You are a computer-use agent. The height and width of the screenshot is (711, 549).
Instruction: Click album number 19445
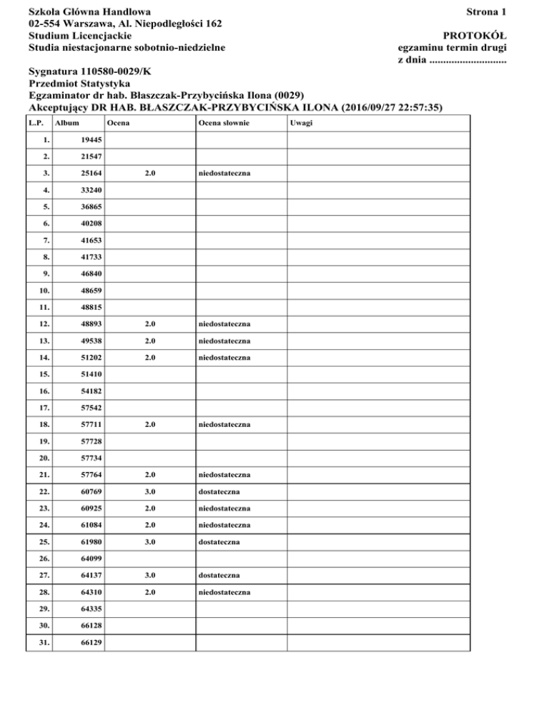tap(91, 141)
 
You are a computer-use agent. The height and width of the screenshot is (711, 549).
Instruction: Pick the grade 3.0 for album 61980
tap(149, 542)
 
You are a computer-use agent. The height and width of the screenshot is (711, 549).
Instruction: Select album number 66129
tap(91, 642)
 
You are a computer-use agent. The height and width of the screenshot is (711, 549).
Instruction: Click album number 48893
tap(91, 325)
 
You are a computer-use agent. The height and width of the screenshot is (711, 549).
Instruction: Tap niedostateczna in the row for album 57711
tap(224, 425)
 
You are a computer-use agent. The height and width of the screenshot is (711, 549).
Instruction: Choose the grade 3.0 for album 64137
tap(149, 575)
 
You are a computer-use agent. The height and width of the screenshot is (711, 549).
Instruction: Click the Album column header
tap(67, 123)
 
